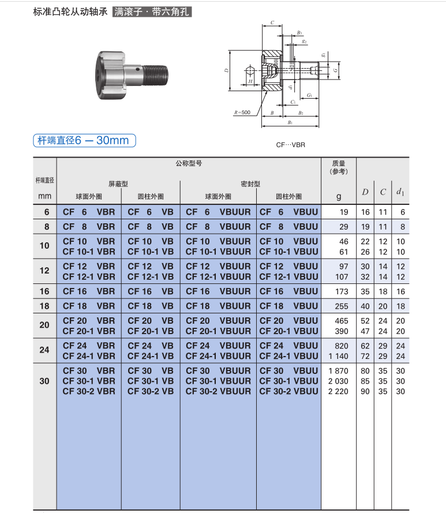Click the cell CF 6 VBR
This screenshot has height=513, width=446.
tap(89, 212)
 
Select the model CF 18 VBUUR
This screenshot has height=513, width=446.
tap(218, 306)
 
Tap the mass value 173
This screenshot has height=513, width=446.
tap(342, 291)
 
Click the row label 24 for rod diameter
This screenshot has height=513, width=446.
tap(44, 350)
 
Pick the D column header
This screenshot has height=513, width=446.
tap(365, 192)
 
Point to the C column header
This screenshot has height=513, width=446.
tap(383, 192)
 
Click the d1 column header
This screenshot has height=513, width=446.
tap(400, 192)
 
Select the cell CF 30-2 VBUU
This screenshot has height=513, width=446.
tap(288, 391)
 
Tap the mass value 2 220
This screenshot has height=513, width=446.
tap(338, 391)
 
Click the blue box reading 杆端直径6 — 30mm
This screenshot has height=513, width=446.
tap(84, 140)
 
